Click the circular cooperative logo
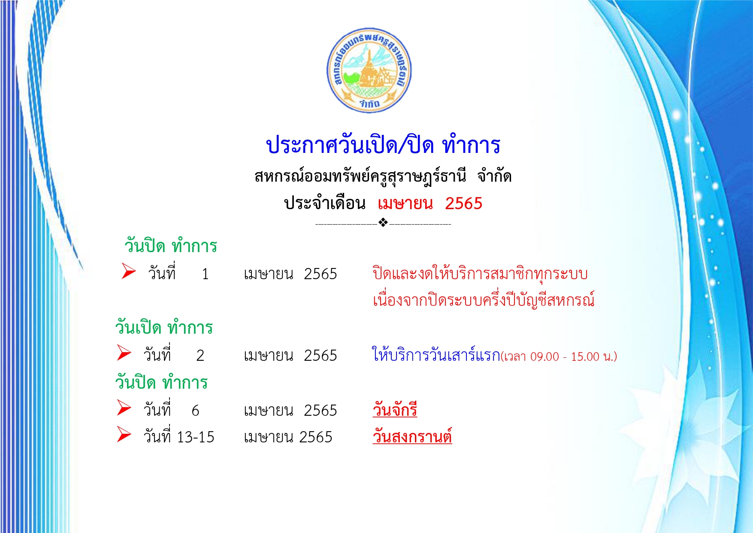(x=369, y=70)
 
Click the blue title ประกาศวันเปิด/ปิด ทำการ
(x=383, y=145)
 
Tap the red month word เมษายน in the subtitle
(x=405, y=203)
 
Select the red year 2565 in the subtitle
(x=464, y=204)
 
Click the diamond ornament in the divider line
(x=383, y=222)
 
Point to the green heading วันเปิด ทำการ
(x=164, y=327)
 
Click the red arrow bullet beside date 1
(x=129, y=271)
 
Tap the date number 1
(x=205, y=274)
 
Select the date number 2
(x=200, y=356)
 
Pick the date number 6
(x=195, y=411)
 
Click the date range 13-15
(x=196, y=437)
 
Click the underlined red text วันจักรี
(x=395, y=409)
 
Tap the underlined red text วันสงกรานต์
(x=412, y=436)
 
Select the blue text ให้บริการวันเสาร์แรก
(x=436, y=355)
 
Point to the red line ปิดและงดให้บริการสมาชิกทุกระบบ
(x=480, y=274)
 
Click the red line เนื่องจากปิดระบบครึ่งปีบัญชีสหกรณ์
(x=484, y=299)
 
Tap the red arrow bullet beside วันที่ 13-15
(x=124, y=434)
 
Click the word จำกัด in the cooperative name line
(x=494, y=176)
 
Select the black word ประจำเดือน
(x=325, y=203)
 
